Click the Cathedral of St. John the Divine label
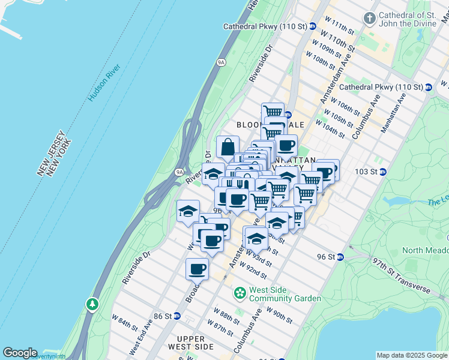click(x=414, y=20)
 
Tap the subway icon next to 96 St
click(x=340, y=257)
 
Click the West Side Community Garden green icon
click(x=240, y=293)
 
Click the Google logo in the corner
click(x=20, y=353)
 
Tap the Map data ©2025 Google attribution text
click(x=412, y=355)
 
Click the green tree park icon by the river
click(x=92, y=304)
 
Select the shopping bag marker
click(x=228, y=147)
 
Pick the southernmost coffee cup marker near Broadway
click(x=197, y=269)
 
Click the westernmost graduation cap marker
click(x=188, y=211)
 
